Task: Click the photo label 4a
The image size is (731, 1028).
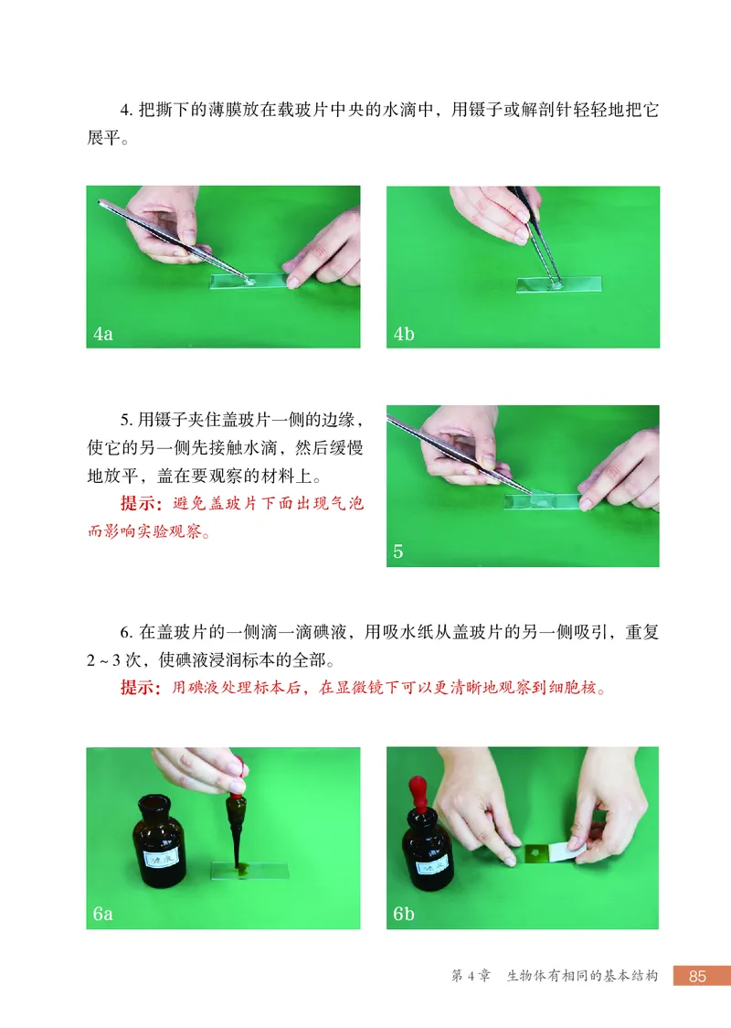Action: pos(103,334)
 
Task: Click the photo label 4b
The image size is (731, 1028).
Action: pos(404,334)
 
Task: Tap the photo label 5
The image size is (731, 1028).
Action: pos(398,551)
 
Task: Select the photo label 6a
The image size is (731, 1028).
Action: pos(103,914)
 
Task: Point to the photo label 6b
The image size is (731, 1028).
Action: pos(404,914)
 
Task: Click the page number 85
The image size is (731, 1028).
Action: pos(697,976)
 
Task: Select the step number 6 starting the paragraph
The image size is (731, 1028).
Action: pos(126,632)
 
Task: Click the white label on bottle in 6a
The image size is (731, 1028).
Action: pos(162,856)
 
